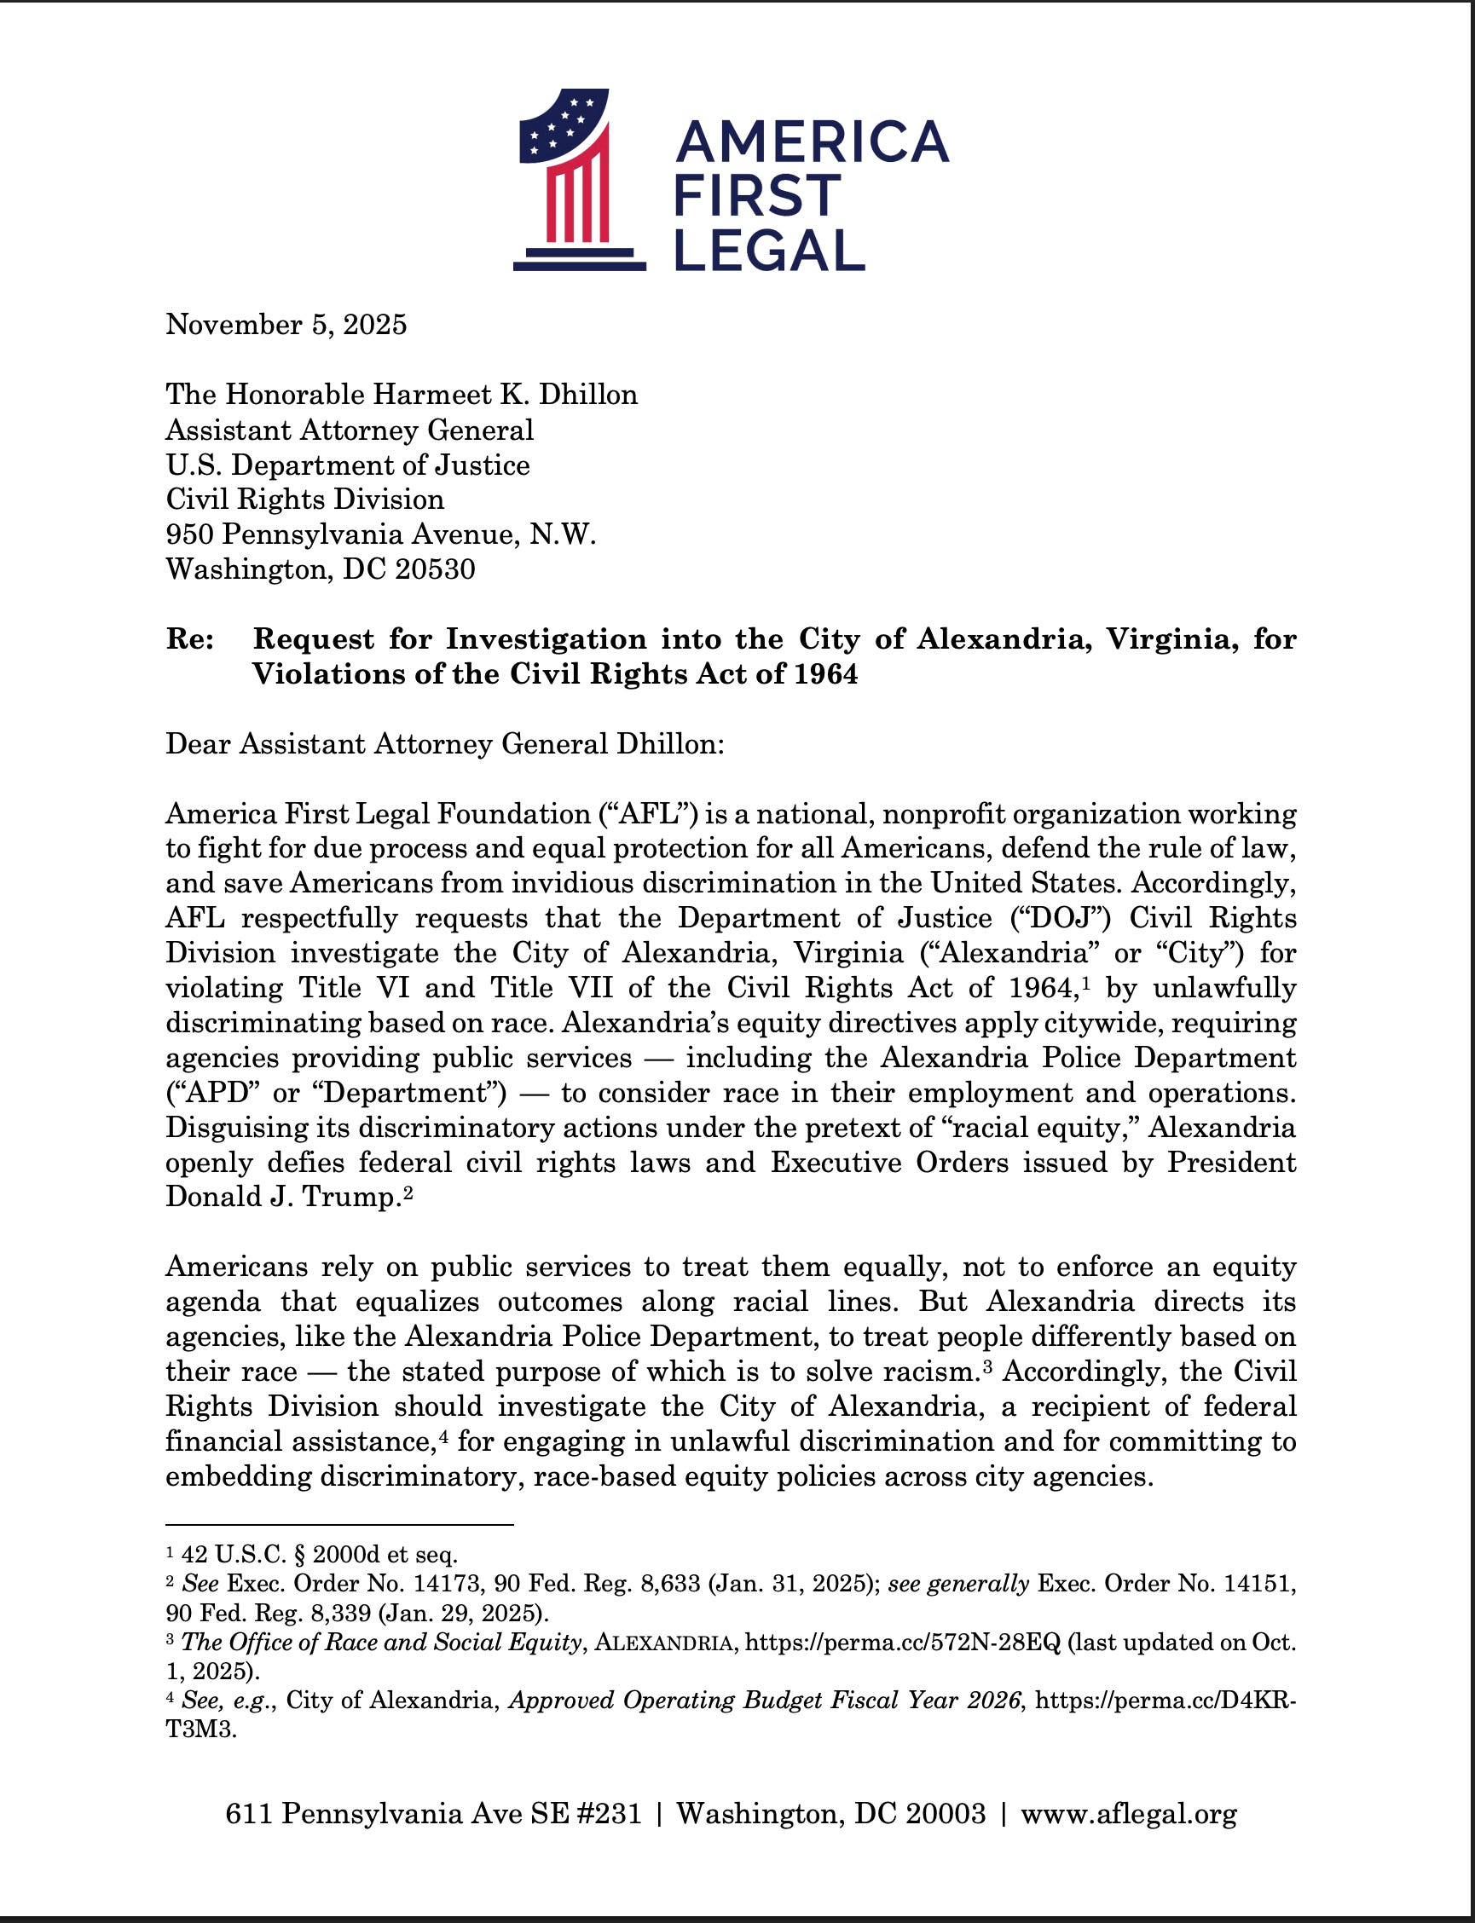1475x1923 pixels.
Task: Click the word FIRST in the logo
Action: (757, 195)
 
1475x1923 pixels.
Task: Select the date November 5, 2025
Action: (286, 325)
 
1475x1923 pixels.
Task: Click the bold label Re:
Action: (190, 639)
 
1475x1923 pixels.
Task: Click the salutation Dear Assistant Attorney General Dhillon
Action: (445, 743)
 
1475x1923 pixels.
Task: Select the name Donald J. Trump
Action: (283, 1197)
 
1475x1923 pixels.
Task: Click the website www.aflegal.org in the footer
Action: (1128, 1813)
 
